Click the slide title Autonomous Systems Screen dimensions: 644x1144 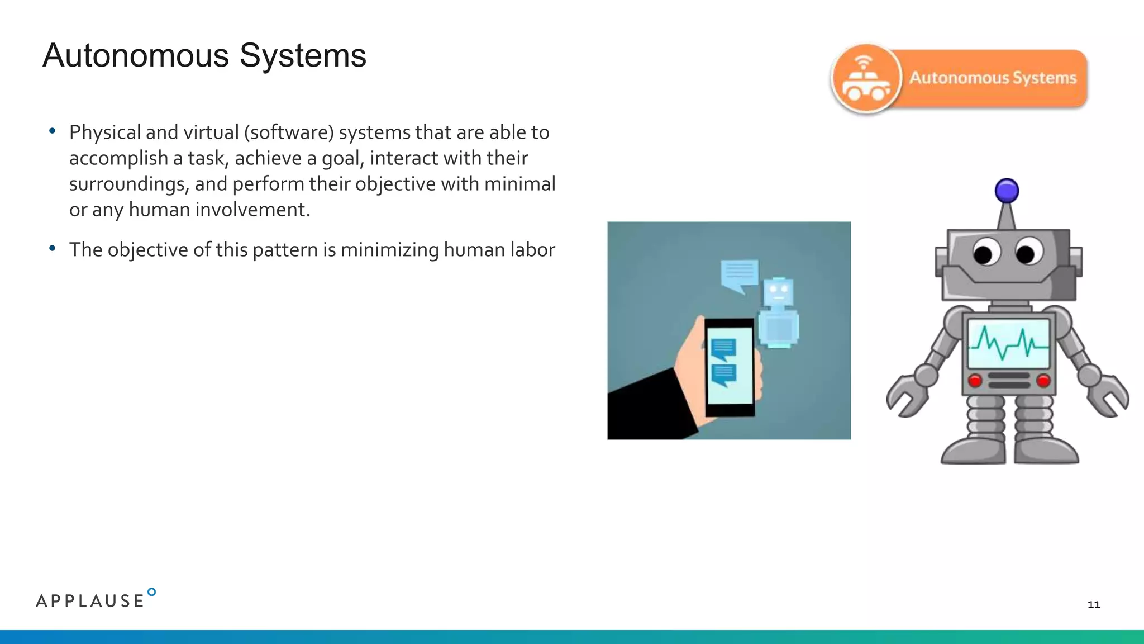point(204,56)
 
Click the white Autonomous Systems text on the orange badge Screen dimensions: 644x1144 point(993,78)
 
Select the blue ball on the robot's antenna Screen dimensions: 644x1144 point(1007,191)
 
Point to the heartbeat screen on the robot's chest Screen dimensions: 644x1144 point(1008,343)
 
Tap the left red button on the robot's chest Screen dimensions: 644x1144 point(975,381)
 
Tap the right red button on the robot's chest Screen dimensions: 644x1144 point(1043,381)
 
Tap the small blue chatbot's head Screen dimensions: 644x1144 point(778,291)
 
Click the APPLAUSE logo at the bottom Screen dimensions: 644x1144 point(95,599)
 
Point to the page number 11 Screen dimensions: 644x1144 point(1094,604)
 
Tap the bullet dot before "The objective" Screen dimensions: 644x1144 point(53,248)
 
